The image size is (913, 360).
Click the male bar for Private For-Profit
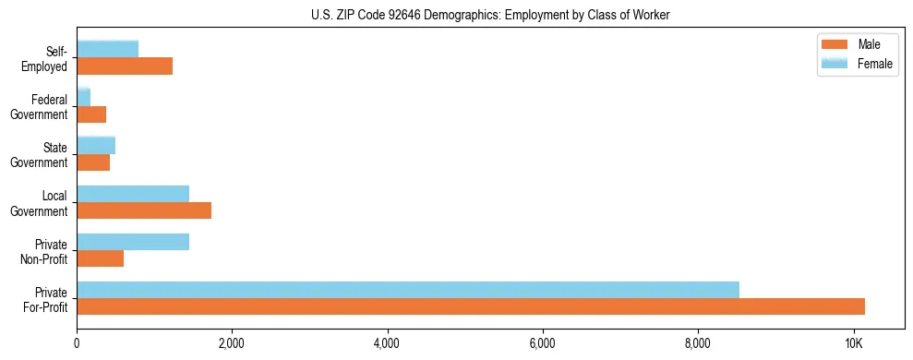[x=471, y=306]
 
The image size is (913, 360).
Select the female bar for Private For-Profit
[x=408, y=290]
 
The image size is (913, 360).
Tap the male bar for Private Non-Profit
[x=101, y=258]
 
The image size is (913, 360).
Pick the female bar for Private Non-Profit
[x=133, y=242]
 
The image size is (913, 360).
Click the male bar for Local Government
[x=144, y=210]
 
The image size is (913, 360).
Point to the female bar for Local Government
[x=133, y=194]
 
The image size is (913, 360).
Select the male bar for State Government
[x=93, y=162]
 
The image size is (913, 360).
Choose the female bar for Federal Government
[x=84, y=98]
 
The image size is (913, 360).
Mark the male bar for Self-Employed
[x=125, y=66]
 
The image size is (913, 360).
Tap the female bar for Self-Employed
[x=108, y=49]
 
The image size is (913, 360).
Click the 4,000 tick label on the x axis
[x=388, y=343]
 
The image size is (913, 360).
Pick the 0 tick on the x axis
[x=78, y=343]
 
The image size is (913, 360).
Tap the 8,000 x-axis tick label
[x=698, y=343]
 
